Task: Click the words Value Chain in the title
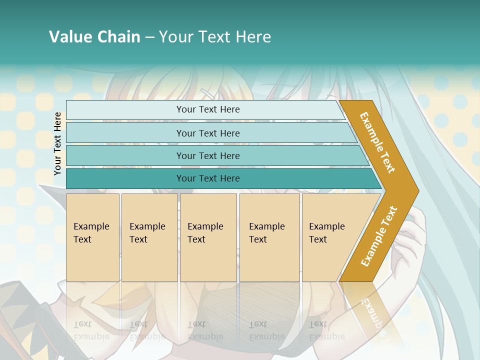click(94, 37)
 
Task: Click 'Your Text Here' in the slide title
click(215, 37)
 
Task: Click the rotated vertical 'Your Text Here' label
click(57, 143)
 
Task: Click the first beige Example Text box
click(92, 237)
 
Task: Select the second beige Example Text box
click(149, 237)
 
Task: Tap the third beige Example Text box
click(208, 237)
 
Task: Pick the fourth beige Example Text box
click(269, 237)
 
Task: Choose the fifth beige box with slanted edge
click(330, 237)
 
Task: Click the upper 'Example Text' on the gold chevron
click(377, 142)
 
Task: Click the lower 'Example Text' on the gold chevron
click(379, 236)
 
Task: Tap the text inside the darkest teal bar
click(208, 178)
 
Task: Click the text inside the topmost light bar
click(208, 109)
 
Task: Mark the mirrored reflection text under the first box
click(91, 330)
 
